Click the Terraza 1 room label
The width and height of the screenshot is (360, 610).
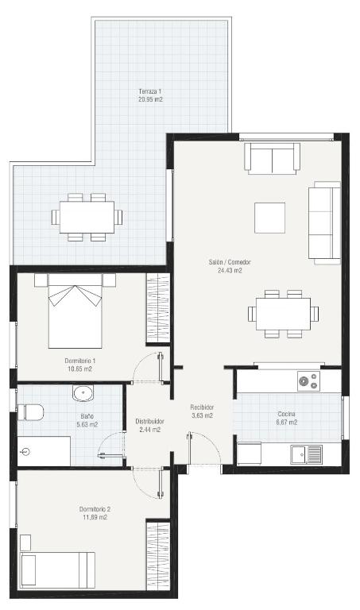click(150, 91)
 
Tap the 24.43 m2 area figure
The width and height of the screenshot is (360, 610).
click(230, 270)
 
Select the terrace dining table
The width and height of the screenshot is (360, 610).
click(87, 217)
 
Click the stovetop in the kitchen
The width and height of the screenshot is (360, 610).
click(308, 381)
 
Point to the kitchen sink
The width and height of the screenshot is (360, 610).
click(306, 455)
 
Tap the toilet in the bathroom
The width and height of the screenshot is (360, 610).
click(30, 412)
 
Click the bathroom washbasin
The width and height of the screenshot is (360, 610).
click(83, 393)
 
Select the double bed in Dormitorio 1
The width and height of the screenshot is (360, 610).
click(75, 311)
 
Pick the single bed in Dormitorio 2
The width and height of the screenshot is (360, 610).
click(57, 570)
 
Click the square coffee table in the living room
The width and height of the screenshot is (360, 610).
click(269, 218)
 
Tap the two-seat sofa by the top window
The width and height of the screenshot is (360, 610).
click(273, 159)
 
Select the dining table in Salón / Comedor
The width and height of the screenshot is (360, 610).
click(284, 314)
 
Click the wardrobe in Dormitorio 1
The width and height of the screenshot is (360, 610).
click(158, 308)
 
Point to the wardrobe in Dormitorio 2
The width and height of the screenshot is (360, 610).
click(158, 555)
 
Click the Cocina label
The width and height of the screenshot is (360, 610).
click(286, 414)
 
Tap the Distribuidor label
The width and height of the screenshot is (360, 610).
click(150, 421)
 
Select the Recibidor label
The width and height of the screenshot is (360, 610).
click(202, 407)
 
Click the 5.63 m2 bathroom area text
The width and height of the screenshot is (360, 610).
click(87, 424)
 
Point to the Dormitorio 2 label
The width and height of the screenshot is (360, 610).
click(95, 509)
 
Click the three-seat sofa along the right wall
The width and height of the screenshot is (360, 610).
click(324, 223)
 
